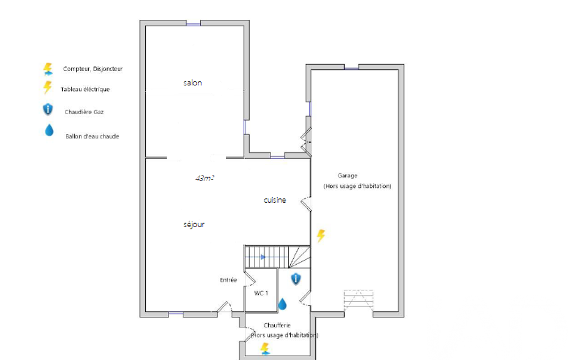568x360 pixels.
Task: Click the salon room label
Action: (193, 83)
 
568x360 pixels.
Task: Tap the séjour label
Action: (194, 224)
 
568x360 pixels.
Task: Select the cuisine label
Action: (275, 200)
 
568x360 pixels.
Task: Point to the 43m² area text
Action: (204, 178)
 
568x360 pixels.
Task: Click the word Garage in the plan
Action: (348, 176)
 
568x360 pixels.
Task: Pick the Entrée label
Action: (228, 280)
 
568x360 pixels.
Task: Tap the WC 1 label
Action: (261, 293)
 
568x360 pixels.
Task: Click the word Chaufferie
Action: (277, 325)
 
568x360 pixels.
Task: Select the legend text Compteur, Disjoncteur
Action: (93, 69)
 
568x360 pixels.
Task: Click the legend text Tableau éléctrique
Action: (85, 90)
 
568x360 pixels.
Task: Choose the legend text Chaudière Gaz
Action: (84, 112)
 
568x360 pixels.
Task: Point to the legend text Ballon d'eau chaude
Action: (93, 137)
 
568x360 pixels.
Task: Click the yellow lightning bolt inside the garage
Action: (321, 236)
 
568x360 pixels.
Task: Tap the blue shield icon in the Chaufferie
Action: (296, 279)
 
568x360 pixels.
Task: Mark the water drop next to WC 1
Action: (283, 304)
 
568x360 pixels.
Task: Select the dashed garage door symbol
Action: (359, 301)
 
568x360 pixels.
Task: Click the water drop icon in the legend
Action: (49, 130)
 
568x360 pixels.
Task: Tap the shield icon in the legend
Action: (48, 109)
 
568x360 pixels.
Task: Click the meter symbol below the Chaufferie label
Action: (265, 349)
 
